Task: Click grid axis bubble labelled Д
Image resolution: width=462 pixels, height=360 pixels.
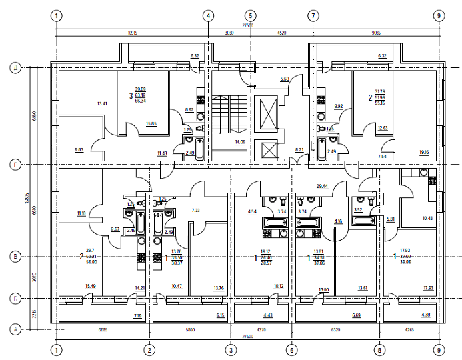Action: tap(14, 67)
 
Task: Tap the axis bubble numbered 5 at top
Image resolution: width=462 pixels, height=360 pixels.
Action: tap(250, 15)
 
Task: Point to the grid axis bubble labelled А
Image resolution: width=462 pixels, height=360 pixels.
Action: tap(14, 329)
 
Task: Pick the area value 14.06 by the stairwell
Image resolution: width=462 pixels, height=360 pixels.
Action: tap(237, 142)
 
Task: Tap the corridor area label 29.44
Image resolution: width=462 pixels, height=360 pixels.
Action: tap(323, 187)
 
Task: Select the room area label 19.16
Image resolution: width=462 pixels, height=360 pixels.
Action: tap(424, 153)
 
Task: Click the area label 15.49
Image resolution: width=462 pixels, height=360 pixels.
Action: tap(90, 287)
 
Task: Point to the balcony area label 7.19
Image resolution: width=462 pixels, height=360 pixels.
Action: tap(138, 315)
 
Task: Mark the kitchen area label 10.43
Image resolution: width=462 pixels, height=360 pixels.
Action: tap(427, 219)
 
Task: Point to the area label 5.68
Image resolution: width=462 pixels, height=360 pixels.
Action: tap(284, 79)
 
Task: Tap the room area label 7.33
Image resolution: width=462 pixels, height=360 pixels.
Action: tap(196, 211)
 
